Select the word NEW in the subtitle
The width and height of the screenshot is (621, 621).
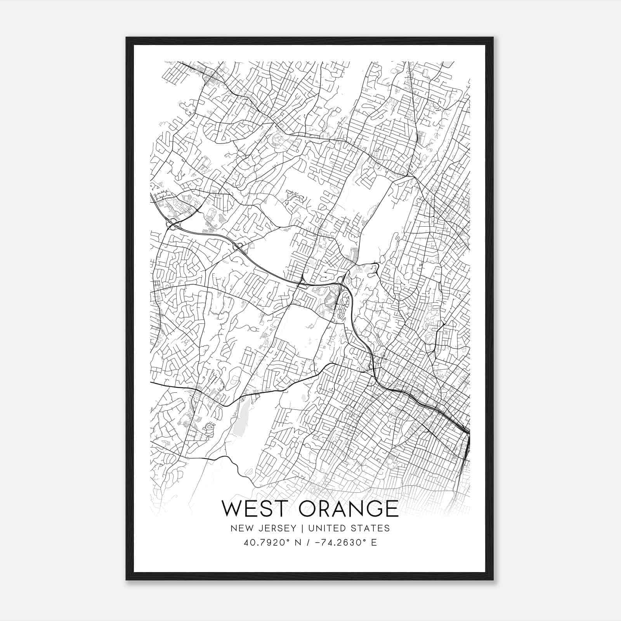(x=240, y=528)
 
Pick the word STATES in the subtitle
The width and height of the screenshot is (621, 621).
(x=371, y=528)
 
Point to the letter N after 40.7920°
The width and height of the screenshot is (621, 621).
(x=298, y=543)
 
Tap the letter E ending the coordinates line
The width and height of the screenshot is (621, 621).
(x=374, y=543)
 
